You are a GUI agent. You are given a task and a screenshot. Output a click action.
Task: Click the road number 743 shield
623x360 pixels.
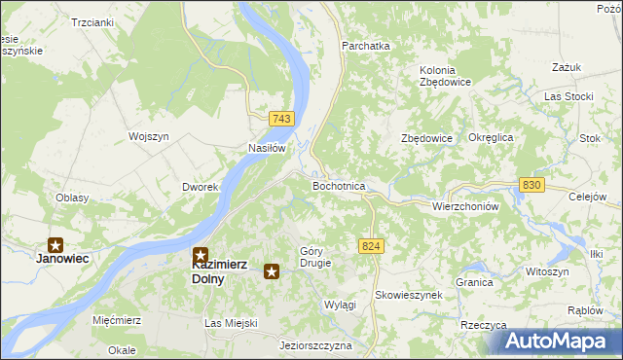[x=281, y=118]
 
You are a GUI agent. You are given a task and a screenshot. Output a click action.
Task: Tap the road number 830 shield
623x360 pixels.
[x=531, y=185]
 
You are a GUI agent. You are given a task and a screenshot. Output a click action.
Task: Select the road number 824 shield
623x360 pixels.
[x=369, y=247]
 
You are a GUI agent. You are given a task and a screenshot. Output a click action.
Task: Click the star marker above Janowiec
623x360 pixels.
[x=56, y=245]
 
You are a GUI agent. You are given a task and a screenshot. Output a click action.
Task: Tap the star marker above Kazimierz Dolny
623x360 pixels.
[x=200, y=254]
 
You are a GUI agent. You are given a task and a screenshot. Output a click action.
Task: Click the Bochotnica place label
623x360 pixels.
[x=339, y=185]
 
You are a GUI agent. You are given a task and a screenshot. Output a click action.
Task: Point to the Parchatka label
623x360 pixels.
[x=365, y=46]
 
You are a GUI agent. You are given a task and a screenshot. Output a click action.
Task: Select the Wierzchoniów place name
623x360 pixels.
[x=465, y=206]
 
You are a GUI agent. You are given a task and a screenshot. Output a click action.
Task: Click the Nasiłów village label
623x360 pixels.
[x=267, y=148]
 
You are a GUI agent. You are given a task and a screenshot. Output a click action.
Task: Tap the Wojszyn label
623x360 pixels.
[x=149, y=136]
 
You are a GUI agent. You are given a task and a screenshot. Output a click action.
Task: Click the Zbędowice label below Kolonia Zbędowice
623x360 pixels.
[x=427, y=138]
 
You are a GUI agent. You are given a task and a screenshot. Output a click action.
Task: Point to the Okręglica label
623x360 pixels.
[x=491, y=138]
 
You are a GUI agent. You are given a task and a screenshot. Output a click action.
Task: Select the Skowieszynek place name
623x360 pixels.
[x=409, y=294]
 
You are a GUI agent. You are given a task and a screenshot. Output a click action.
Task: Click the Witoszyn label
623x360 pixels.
[x=546, y=271]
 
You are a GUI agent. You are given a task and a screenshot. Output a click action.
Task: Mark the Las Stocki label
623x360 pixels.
[x=568, y=96]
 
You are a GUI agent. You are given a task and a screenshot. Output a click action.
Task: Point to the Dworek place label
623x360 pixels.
[x=199, y=186]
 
